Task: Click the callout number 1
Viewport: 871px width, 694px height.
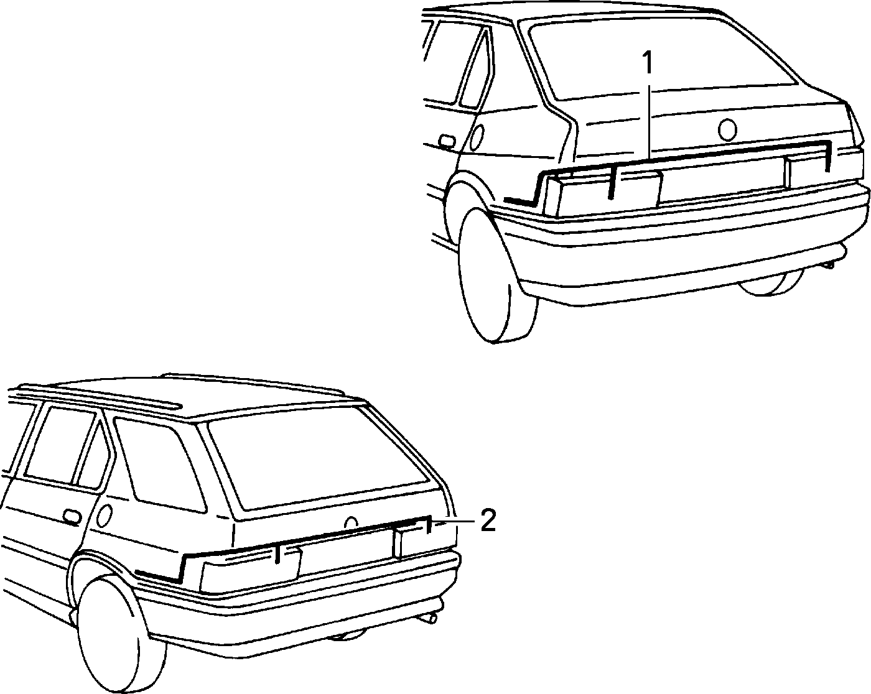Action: coord(648,63)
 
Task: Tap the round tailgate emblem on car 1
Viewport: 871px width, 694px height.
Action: coord(727,130)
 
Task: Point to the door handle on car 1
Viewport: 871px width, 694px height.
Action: coord(447,141)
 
